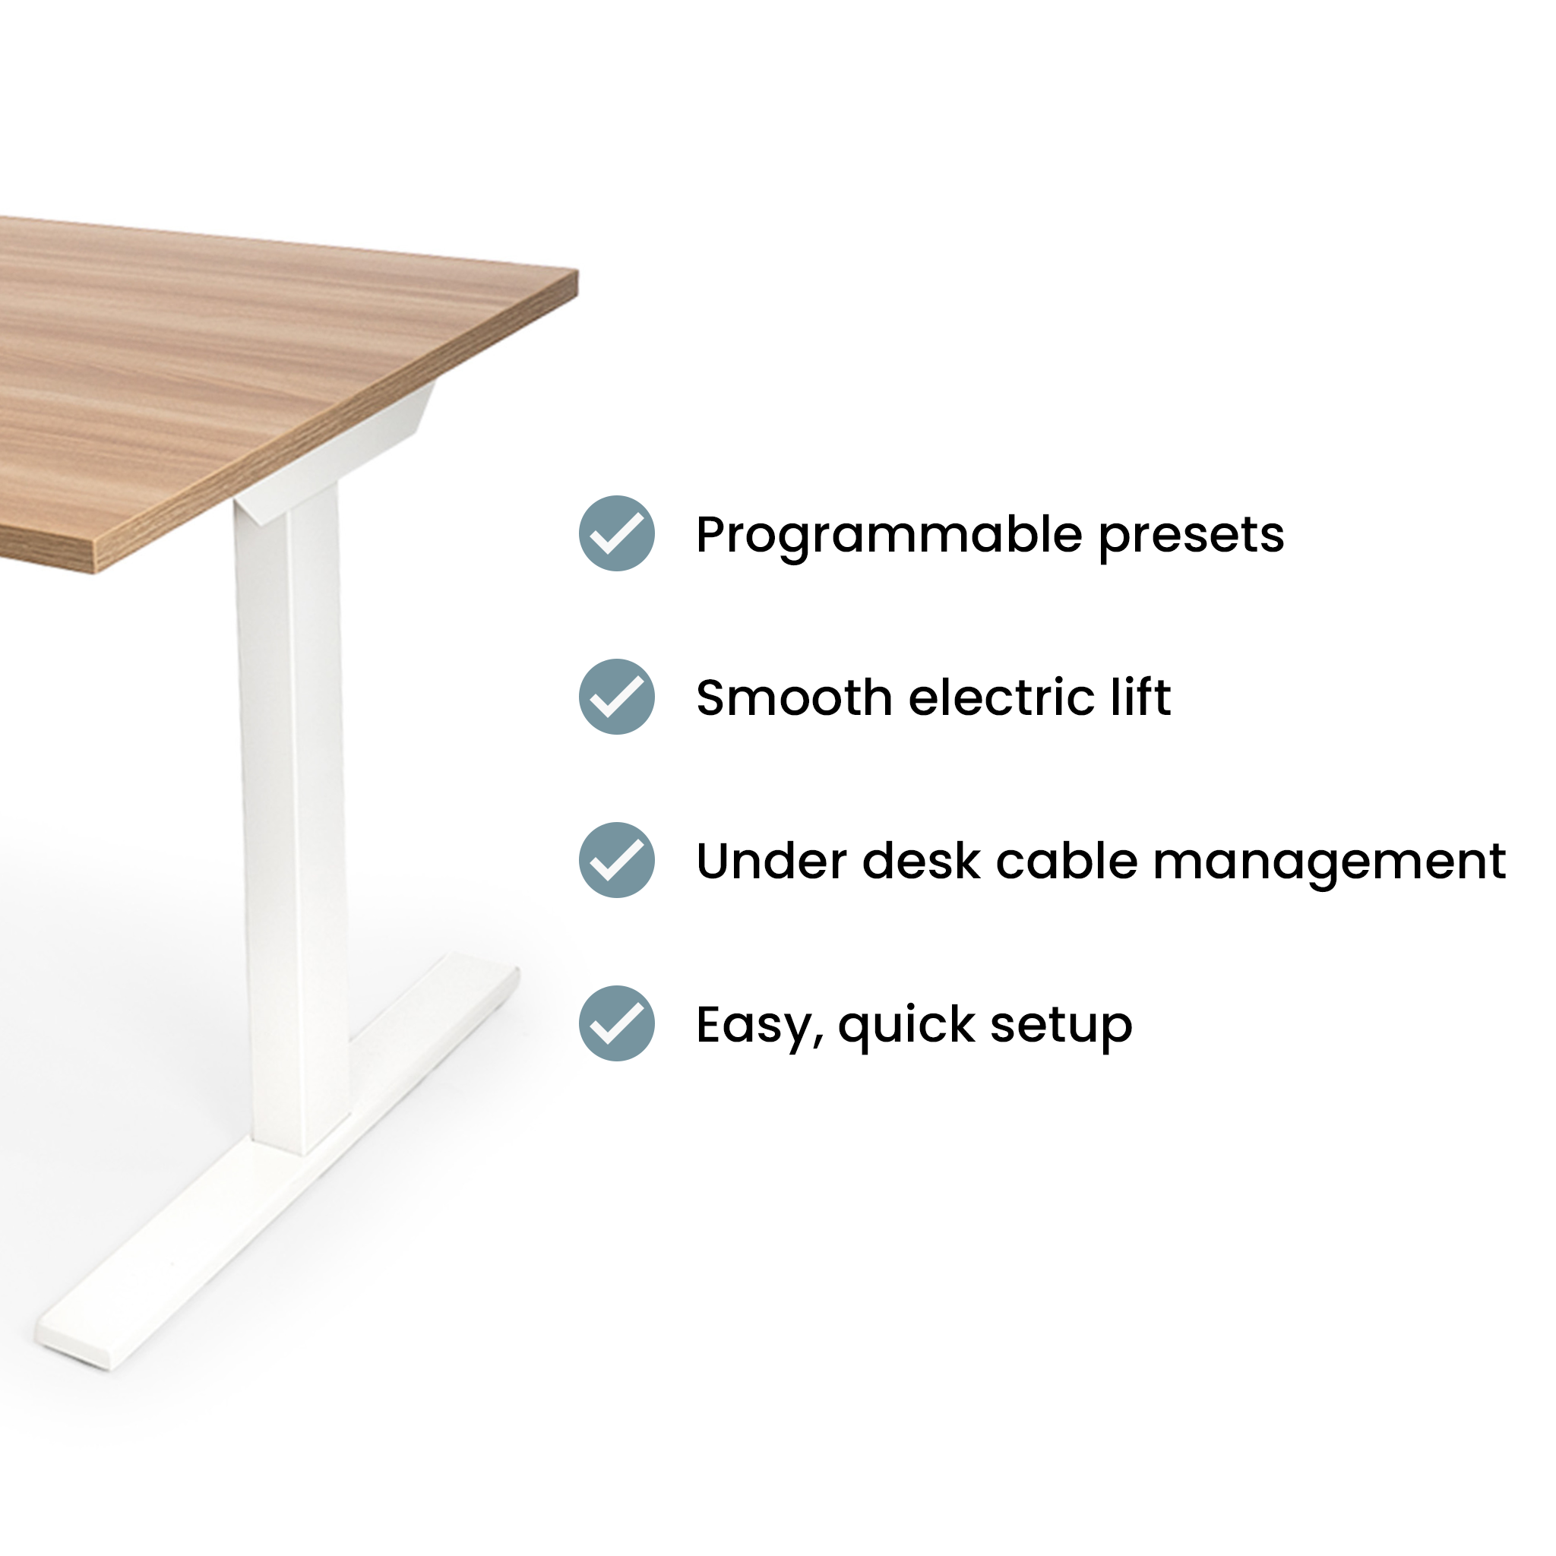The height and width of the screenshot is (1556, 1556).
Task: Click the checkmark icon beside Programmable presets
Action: click(616, 533)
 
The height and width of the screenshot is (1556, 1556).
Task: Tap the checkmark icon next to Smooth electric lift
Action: click(616, 697)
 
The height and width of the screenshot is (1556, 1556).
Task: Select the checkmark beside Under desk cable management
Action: click(616, 860)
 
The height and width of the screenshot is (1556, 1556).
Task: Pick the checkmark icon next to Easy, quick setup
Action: click(616, 1023)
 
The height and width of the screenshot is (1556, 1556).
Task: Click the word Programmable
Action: click(888, 536)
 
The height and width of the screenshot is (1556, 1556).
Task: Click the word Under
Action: click(770, 861)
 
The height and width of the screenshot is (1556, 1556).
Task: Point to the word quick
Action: click(906, 1026)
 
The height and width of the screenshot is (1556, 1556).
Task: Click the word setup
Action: click(1061, 1026)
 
